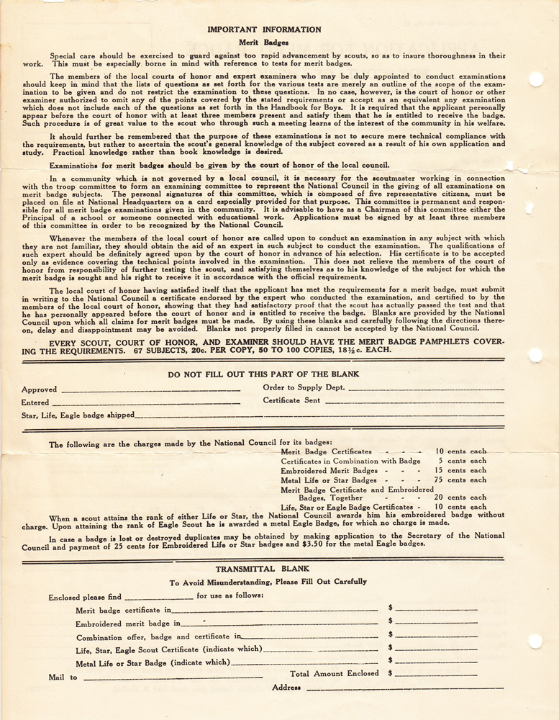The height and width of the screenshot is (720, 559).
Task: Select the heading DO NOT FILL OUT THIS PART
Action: pos(263,374)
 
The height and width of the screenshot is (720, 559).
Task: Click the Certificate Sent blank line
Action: pos(414,402)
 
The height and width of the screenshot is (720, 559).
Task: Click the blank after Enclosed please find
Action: pos(158,598)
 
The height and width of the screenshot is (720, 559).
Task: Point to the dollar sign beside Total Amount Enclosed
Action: pos(390,674)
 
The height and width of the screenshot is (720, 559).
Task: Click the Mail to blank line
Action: pos(173,678)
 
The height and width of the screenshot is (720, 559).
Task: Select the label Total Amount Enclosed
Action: pos(334,674)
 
